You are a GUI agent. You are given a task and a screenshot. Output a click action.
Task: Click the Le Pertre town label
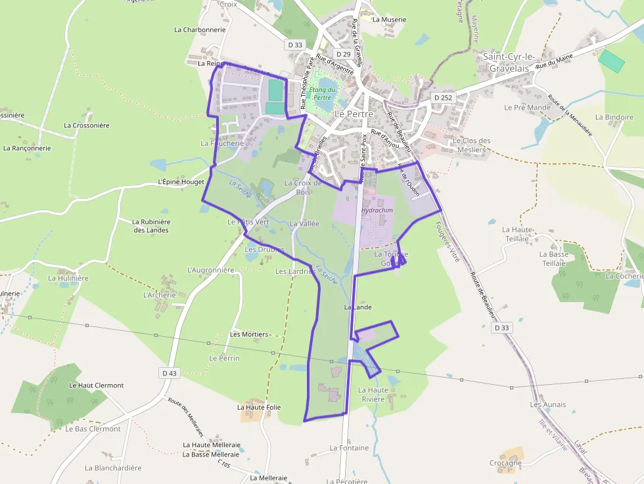354,114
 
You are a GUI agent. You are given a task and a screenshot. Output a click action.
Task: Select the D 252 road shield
444,97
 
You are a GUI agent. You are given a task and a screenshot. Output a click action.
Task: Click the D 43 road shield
170,373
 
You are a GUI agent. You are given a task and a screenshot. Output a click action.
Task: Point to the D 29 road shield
342,54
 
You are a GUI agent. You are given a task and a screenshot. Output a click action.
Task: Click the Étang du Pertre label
323,93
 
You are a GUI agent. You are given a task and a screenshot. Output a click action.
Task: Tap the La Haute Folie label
259,407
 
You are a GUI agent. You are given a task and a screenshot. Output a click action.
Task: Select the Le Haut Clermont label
96,385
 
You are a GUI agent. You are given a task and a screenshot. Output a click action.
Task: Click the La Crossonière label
87,125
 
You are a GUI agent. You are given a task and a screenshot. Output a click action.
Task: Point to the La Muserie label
389,20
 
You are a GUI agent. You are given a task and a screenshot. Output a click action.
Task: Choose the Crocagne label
505,463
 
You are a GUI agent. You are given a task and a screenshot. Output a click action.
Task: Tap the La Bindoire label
614,117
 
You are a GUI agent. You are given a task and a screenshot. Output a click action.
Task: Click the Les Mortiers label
249,334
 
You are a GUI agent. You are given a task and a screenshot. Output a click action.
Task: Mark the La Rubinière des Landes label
152,226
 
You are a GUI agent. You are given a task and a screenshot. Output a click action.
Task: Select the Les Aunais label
548,405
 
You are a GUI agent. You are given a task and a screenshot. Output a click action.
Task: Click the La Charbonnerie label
200,30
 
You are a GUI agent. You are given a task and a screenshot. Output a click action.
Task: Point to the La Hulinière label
68,278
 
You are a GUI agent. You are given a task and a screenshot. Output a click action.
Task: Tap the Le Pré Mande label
527,107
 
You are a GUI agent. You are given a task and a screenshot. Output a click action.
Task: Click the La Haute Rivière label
371,394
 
